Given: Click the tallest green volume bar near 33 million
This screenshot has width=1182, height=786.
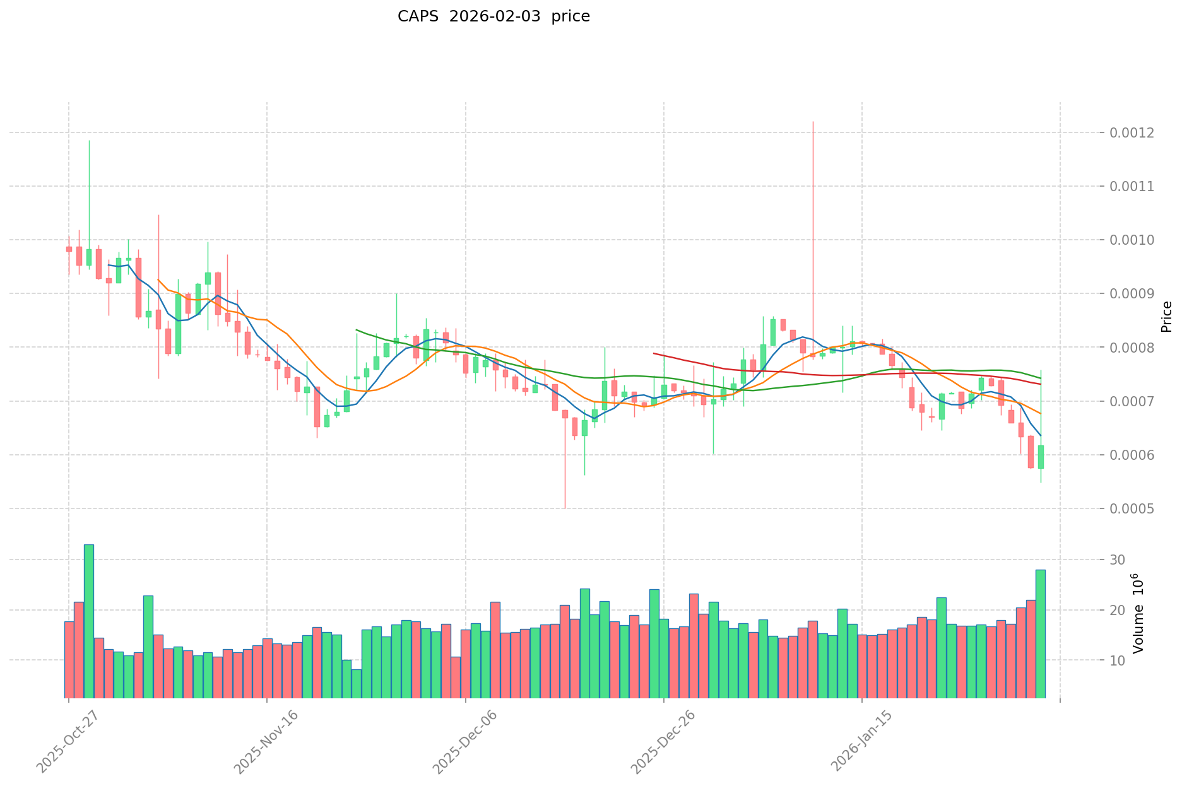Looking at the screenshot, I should (89, 621).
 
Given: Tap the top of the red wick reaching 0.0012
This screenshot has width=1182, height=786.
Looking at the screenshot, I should (813, 122).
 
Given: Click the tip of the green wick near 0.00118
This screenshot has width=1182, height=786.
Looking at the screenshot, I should (89, 141).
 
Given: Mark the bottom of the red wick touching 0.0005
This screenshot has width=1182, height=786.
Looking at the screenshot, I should (565, 508).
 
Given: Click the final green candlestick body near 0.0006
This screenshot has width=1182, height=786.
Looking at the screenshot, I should (1041, 457).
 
